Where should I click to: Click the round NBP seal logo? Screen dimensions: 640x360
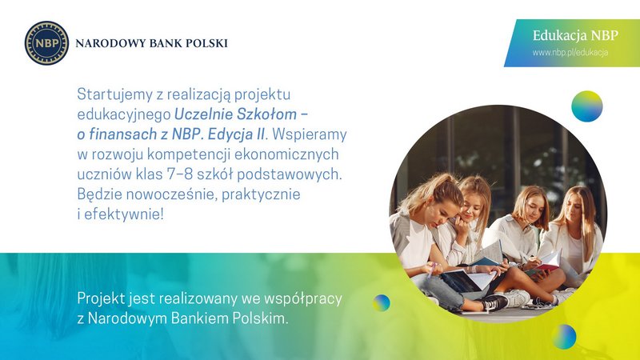46,43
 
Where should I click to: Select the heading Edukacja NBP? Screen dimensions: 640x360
575,35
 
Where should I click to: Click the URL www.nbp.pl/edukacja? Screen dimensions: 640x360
570,53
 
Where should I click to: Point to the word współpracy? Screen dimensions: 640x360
303,298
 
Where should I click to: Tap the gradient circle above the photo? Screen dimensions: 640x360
587,106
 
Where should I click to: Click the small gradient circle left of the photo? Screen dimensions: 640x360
382,303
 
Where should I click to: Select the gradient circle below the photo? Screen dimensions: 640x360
564,337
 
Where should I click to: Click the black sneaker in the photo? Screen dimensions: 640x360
494,302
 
